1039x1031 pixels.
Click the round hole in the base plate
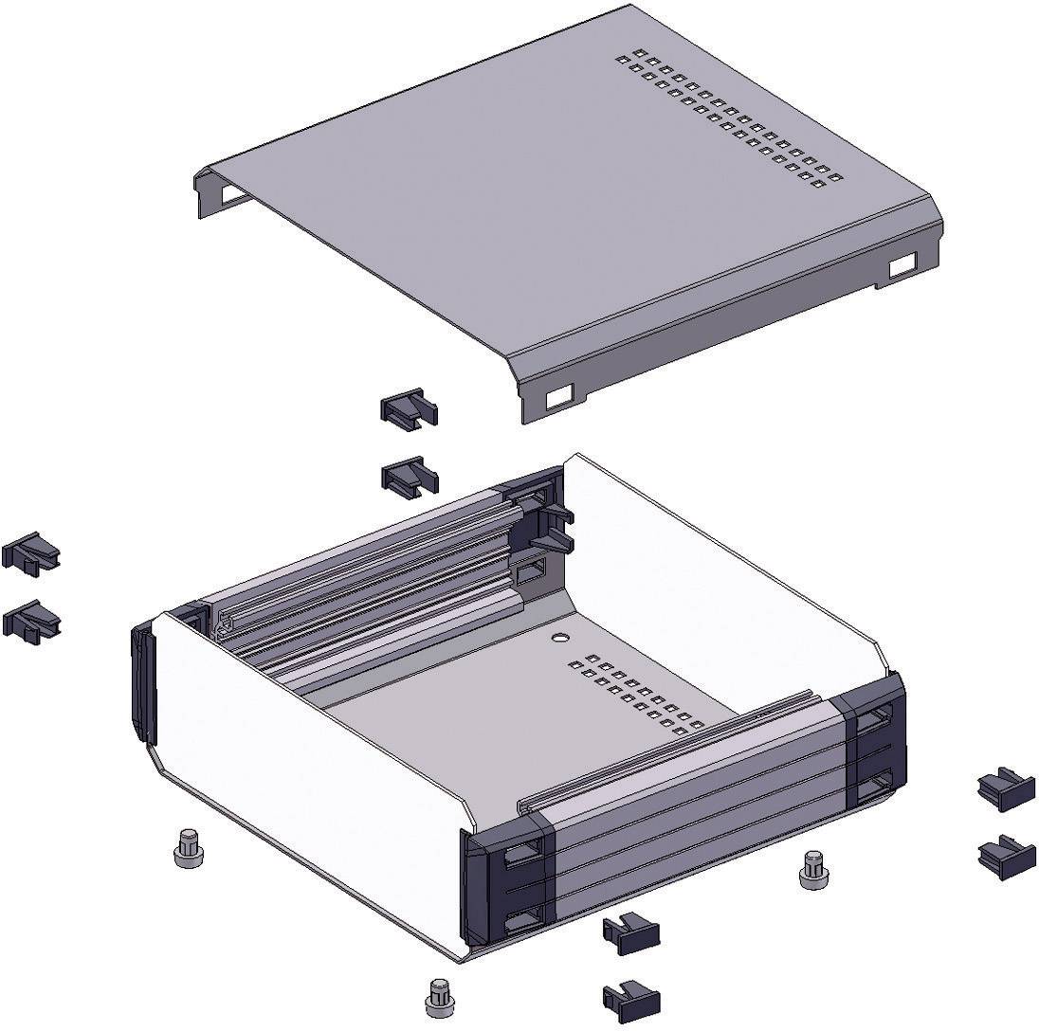click(x=559, y=638)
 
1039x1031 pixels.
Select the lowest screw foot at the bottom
click(x=438, y=996)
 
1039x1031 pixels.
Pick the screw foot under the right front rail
click(x=813, y=869)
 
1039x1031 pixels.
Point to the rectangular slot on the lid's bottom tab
click(x=559, y=396)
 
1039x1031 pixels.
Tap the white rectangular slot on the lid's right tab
click(x=904, y=265)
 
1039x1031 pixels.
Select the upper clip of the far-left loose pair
click(x=30, y=552)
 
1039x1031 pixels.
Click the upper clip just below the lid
click(x=408, y=408)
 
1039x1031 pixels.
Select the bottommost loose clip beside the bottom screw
click(x=630, y=999)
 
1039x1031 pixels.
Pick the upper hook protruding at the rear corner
click(x=555, y=513)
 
